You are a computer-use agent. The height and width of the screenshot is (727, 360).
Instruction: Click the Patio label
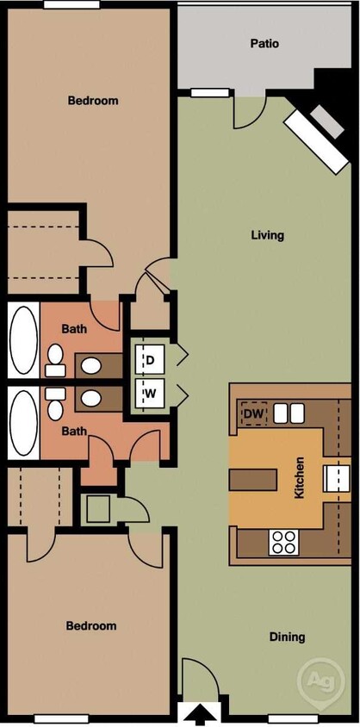tap(264, 43)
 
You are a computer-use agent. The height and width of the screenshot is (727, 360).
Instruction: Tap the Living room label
tap(267, 235)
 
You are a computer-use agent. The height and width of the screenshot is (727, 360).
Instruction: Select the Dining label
tap(286, 637)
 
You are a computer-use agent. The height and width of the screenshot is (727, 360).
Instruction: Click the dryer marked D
tap(150, 359)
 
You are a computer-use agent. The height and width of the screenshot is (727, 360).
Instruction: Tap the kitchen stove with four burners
tap(284, 542)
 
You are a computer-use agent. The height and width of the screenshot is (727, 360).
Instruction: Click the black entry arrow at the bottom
tap(203, 714)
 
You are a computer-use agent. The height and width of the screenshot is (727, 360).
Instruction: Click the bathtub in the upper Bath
tap(23, 340)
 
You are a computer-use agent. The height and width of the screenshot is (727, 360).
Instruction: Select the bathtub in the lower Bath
tap(23, 425)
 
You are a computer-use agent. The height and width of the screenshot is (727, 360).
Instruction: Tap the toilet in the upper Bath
tap(56, 360)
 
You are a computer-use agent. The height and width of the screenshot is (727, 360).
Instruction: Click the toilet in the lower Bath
tap(56, 402)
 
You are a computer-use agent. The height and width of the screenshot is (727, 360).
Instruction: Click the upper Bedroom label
tap(93, 101)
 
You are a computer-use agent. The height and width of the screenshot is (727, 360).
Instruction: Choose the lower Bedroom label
tap(91, 626)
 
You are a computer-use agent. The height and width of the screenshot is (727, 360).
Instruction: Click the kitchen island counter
tap(252, 476)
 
